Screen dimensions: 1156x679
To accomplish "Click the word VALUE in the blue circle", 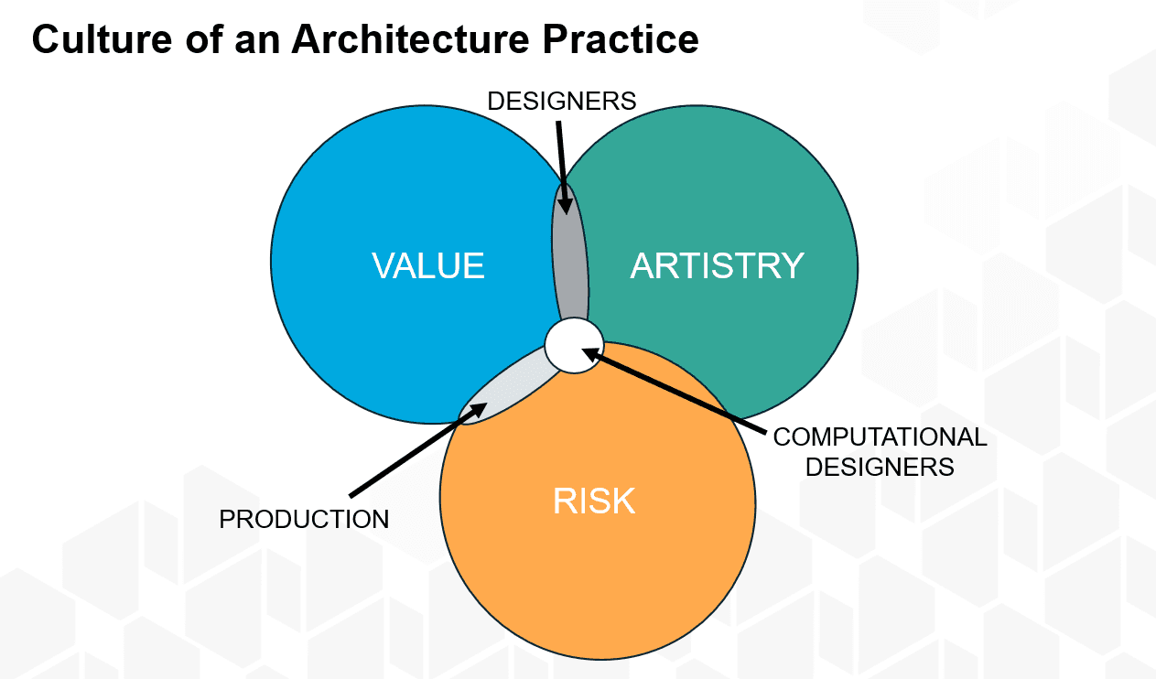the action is click(x=428, y=265).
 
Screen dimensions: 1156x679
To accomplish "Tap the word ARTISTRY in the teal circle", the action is click(x=718, y=265).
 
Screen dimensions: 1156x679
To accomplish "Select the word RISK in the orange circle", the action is click(x=594, y=501).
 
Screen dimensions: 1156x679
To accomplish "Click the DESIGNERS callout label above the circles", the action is click(x=561, y=101).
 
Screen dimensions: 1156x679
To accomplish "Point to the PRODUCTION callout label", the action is click(x=304, y=519).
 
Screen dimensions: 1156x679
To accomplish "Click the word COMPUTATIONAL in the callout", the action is click(x=880, y=437).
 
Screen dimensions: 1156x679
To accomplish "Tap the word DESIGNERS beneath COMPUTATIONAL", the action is click(x=880, y=467).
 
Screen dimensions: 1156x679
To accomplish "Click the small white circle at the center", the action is click(x=574, y=345).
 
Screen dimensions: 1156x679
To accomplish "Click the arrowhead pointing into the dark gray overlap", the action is click(x=566, y=203).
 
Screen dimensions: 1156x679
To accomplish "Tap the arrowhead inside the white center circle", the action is click(x=592, y=354).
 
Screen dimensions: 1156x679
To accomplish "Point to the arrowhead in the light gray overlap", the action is click(x=476, y=411).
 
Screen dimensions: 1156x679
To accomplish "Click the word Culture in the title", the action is click(x=102, y=39).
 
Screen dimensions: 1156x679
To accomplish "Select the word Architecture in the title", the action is click(x=410, y=39).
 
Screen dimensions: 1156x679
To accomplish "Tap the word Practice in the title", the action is click(x=621, y=39).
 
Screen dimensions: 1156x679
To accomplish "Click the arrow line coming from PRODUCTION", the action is click(x=418, y=450).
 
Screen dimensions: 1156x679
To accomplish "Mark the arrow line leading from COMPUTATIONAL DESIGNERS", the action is click(x=675, y=391).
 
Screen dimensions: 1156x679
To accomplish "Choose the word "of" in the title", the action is click(x=204, y=39).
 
